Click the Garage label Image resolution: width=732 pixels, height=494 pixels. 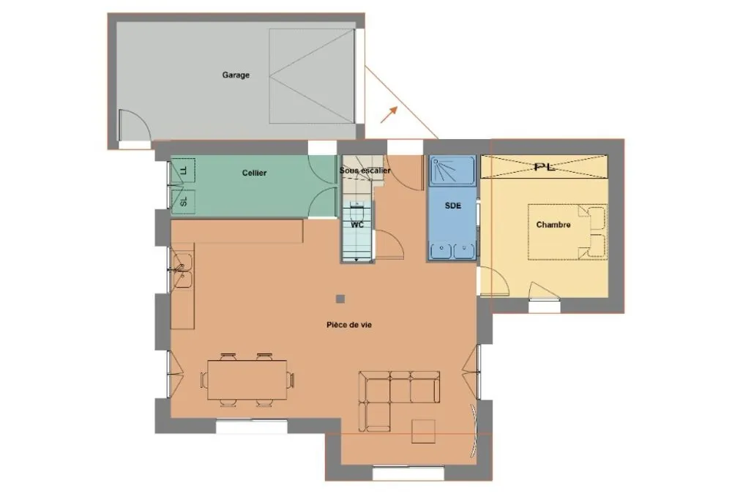point(236,75)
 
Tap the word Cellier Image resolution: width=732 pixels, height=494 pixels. point(255,173)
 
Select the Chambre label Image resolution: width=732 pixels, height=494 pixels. point(553,225)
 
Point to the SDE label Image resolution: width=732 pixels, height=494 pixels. point(453,206)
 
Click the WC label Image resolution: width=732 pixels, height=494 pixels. point(358,225)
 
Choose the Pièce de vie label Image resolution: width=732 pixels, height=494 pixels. point(349,324)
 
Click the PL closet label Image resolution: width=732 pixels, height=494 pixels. point(545,167)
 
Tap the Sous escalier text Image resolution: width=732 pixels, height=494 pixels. point(365,171)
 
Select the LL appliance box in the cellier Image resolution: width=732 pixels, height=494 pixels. point(183,170)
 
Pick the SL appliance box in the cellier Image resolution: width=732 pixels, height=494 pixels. point(183,201)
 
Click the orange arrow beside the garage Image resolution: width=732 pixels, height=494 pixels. point(389,114)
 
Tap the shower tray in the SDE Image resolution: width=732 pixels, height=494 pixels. point(452,171)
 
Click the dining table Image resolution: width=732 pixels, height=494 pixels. point(247,380)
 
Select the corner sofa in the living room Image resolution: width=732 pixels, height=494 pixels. point(399,400)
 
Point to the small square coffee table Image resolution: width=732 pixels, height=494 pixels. point(423,431)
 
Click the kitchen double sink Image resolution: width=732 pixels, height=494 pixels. point(182,270)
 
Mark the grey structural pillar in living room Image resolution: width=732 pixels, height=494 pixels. point(340,299)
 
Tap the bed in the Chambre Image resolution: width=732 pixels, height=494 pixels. point(568,231)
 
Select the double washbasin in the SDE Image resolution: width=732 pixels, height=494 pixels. point(452,251)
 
